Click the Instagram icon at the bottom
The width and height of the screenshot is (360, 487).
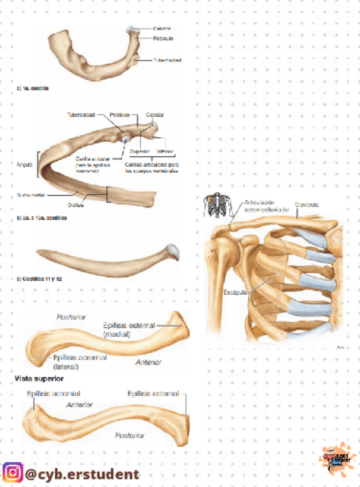click(11, 473)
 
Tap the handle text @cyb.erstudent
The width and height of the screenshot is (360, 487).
click(82, 474)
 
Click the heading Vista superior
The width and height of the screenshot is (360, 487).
click(38, 379)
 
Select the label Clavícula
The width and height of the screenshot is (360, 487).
click(308, 204)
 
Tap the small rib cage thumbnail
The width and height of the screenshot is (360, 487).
click(218, 205)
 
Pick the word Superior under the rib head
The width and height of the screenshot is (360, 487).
click(140, 152)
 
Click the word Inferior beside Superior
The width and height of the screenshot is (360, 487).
click(165, 152)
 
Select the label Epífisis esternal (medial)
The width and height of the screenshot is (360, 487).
click(129, 329)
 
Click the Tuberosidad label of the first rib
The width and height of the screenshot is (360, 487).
click(168, 60)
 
